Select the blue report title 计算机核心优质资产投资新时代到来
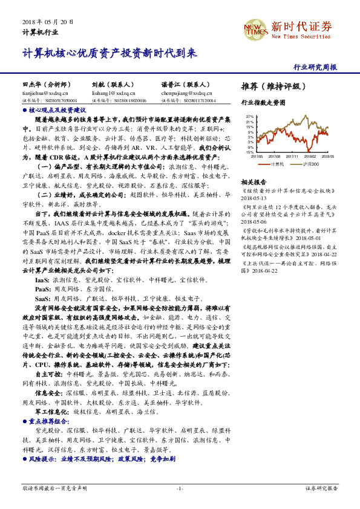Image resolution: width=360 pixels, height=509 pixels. [x=110, y=53]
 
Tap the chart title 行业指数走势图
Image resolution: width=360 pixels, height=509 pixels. [x=263, y=103]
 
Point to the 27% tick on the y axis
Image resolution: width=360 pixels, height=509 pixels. [x=249, y=115]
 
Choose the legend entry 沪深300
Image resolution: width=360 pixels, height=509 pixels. [x=311, y=164]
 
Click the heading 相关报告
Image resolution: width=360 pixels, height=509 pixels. [x=253, y=182]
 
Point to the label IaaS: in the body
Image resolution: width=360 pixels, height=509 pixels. [x=41, y=281]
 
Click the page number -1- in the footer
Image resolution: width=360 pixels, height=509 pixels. [x=180, y=488]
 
